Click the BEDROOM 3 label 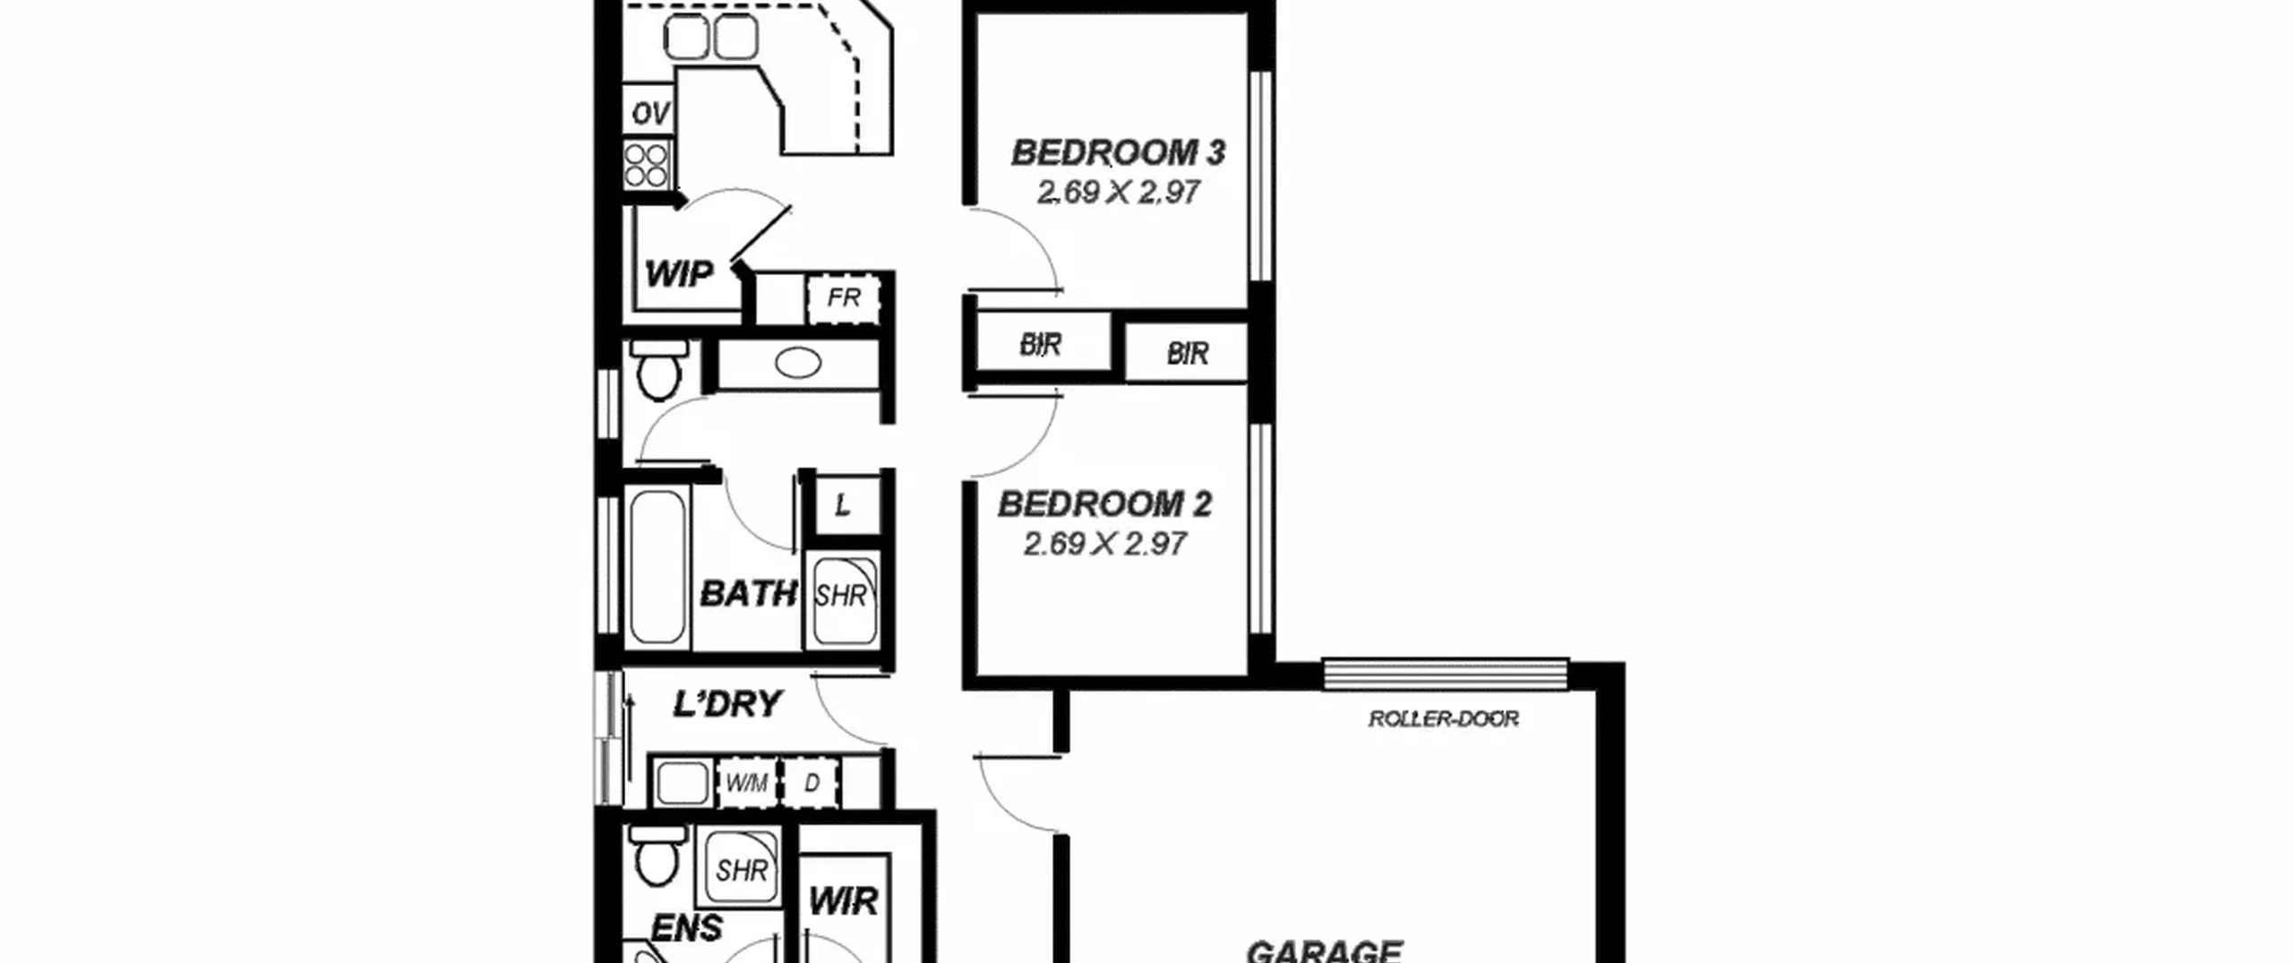pos(1118,153)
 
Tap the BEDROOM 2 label pos(1104,504)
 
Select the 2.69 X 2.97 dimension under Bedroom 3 pos(1118,192)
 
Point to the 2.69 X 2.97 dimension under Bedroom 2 pos(1104,544)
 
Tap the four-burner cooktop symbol pos(647,165)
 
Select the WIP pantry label pos(679,273)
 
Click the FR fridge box pos(843,298)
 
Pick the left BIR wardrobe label pos(1040,344)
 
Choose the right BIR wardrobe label pos(1187,354)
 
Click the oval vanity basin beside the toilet pos(797,364)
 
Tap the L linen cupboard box pos(843,505)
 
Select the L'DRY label pos(727,704)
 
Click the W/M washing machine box pos(746,783)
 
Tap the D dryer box pos(812,783)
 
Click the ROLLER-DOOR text pos(1443,718)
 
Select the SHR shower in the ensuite pos(740,870)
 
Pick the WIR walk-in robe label pos(843,901)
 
